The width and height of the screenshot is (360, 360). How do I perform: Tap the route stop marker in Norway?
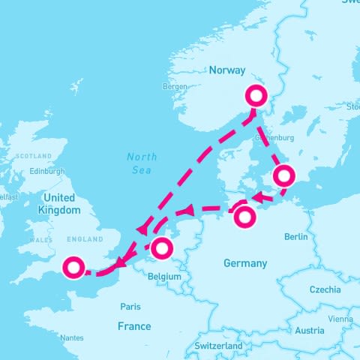tap(256, 95)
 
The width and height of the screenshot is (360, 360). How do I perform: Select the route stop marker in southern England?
tap(73, 268)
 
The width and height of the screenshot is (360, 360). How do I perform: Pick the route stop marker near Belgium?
tap(162, 247)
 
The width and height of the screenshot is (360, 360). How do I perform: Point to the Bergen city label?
tap(175, 86)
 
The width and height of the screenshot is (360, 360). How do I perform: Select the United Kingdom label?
tap(58, 205)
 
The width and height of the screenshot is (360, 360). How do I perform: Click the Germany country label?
tap(245, 263)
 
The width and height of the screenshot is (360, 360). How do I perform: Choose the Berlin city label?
tap(296, 237)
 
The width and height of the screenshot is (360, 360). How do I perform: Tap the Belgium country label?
tap(166, 276)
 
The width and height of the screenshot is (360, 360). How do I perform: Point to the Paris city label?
tap(130, 306)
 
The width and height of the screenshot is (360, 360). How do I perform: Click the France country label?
tap(134, 326)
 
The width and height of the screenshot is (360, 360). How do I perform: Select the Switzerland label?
tap(217, 346)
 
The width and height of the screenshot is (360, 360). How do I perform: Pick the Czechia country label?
tap(325, 289)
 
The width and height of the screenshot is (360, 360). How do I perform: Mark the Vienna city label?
tap(340, 319)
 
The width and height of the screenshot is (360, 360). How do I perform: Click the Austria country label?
tap(310, 331)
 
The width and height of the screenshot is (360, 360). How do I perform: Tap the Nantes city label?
tap(72, 338)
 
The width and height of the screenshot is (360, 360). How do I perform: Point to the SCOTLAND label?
tap(34, 156)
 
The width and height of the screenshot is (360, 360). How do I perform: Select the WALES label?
tap(38, 240)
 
